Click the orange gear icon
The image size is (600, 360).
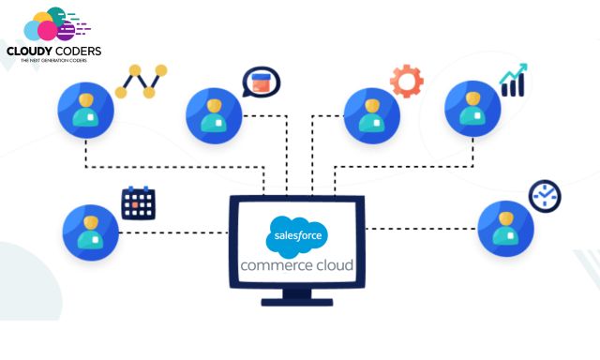[407, 81]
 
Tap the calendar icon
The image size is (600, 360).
[138, 202]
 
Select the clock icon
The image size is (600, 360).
[543, 196]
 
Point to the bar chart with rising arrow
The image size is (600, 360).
[513, 81]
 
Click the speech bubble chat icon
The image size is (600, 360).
[261, 82]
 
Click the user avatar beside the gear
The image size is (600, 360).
[372, 113]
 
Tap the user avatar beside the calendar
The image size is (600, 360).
[91, 232]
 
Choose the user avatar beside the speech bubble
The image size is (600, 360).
[215, 114]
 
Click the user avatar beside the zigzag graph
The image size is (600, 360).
[86, 109]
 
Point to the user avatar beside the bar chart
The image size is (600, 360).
[472, 108]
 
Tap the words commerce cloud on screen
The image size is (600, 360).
[297, 265]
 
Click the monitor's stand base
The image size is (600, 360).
[297, 300]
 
